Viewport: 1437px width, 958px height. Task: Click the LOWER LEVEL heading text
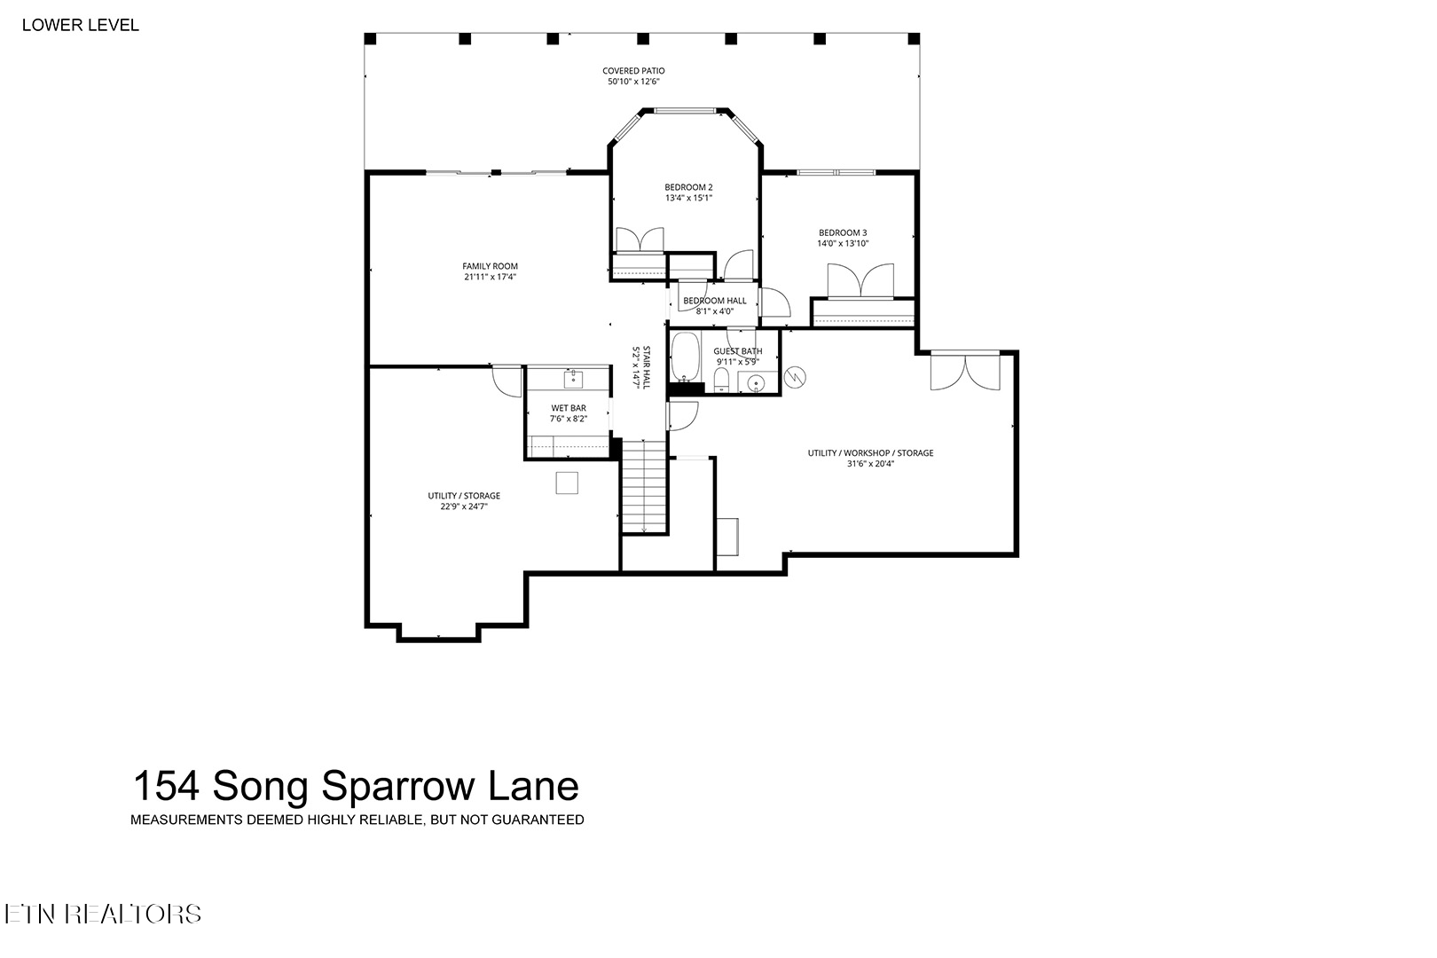pyautogui.click(x=80, y=25)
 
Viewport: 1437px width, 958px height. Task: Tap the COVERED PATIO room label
pyautogui.click(x=633, y=71)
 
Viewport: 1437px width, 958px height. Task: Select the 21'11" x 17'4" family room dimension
pyautogui.click(x=491, y=277)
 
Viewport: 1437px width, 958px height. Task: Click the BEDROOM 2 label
pyautogui.click(x=688, y=187)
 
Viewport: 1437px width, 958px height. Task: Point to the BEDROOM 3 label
pyautogui.click(x=843, y=233)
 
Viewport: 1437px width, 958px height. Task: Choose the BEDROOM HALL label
pyautogui.click(x=715, y=301)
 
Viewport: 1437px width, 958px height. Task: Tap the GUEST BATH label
pyautogui.click(x=738, y=351)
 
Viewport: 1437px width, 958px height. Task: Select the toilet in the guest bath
pyautogui.click(x=722, y=380)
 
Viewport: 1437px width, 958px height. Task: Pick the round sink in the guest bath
pyautogui.click(x=758, y=384)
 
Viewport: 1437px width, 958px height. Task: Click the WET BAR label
pyautogui.click(x=569, y=408)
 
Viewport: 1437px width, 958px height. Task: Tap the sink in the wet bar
pyautogui.click(x=573, y=380)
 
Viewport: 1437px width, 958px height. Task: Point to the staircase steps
pyautogui.click(x=644, y=486)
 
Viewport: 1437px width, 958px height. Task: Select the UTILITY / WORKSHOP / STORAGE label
pyautogui.click(x=870, y=453)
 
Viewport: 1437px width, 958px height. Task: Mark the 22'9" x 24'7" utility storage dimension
pyautogui.click(x=464, y=506)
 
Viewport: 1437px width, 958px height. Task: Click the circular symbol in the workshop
pyautogui.click(x=795, y=377)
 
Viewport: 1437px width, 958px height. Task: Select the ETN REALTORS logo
pyautogui.click(x=103, y=915)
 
